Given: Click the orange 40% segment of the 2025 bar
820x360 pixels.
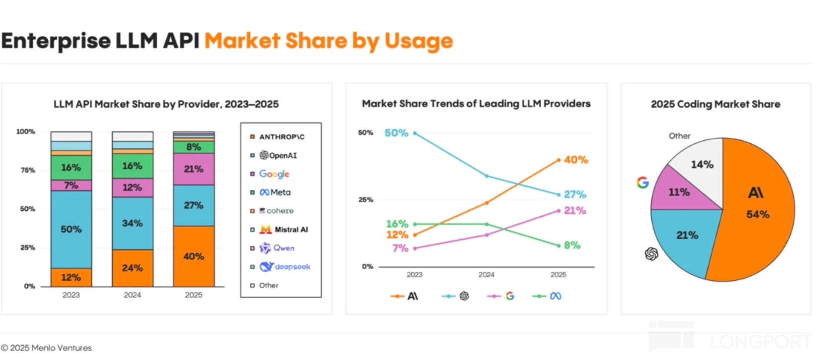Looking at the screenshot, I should [x=193, y=256].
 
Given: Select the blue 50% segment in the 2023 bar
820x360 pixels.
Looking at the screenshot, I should [x=71, y=229].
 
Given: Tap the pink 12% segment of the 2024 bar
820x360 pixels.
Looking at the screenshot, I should [x=132, y=187].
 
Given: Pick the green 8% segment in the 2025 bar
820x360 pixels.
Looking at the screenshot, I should [x=193, y=147].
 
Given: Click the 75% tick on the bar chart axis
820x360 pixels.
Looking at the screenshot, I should [x=28, y=170].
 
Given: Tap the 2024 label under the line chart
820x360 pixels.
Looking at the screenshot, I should [x=486, y=275].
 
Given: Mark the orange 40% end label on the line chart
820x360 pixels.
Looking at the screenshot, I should [x=575, y=160].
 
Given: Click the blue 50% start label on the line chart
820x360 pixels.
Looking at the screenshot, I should [x=396, y=133].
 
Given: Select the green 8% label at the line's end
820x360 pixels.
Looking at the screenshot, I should [x=572, y=245].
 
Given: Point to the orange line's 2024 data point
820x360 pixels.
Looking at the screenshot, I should [x=487, y=202].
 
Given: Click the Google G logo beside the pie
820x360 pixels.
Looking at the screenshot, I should [x=642, y=182].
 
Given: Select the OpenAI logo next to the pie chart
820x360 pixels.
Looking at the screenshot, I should [x=651, y=254].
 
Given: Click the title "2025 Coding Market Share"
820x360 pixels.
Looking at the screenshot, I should [x=715, y=104].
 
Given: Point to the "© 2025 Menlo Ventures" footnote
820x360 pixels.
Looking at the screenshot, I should [x=47, y=348].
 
